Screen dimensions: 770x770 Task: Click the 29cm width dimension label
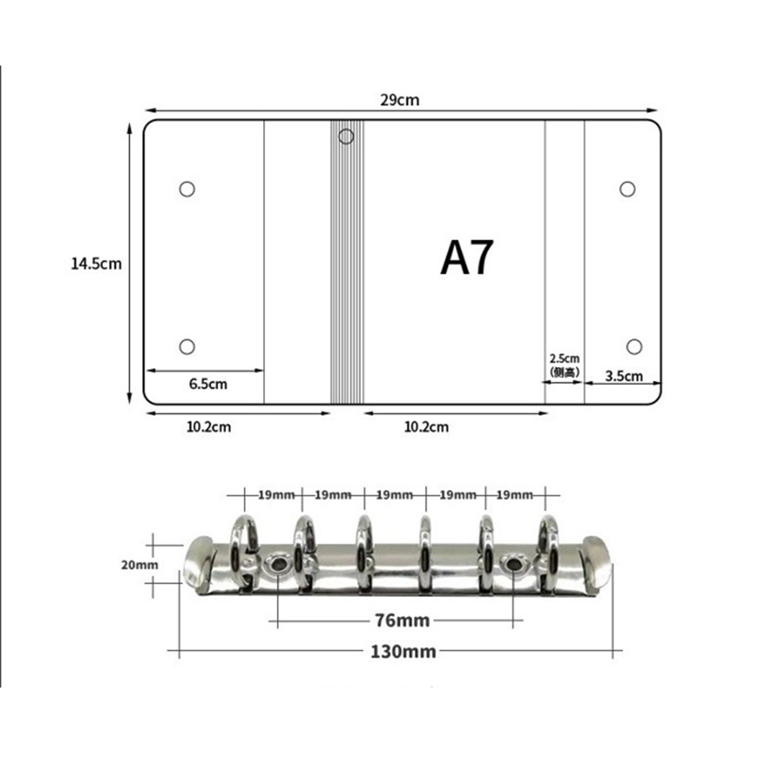(x=399, y=100)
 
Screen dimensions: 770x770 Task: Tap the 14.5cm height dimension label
(x=96, y=263)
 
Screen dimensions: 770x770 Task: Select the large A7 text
(x=467, y=257)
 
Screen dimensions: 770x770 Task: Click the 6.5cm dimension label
(x=208, y=384)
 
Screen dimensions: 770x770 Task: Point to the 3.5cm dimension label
(x=624, y=376)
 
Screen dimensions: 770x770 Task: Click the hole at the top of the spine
(x=346, y=137)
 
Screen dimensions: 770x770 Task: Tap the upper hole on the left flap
(x=187, y=189)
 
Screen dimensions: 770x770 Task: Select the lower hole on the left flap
(x=187, y=346)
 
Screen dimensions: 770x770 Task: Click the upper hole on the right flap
(x=627, y=189)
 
